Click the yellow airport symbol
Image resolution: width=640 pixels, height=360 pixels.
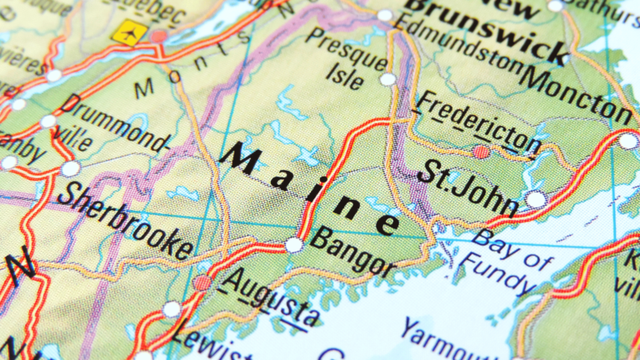[x=128, y=32]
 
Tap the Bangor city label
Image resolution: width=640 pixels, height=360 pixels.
[x=353, y=252]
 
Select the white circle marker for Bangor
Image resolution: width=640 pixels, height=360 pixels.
[x=293, y=245]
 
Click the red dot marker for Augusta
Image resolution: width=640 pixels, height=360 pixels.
[x=202, y=282]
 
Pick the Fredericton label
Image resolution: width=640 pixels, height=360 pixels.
[x=478, y=124]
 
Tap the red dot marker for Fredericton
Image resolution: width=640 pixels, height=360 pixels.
[x=482, y=152]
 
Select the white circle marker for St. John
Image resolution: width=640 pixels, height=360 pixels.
[x=536, y=199]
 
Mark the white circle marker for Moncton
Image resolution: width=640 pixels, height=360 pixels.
[x=627, y=141]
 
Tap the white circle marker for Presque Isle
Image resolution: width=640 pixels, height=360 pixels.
[x=388, y=79]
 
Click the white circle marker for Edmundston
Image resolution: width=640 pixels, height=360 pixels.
[x=384, y=15]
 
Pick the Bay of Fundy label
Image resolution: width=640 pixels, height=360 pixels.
[x=512, y=258]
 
